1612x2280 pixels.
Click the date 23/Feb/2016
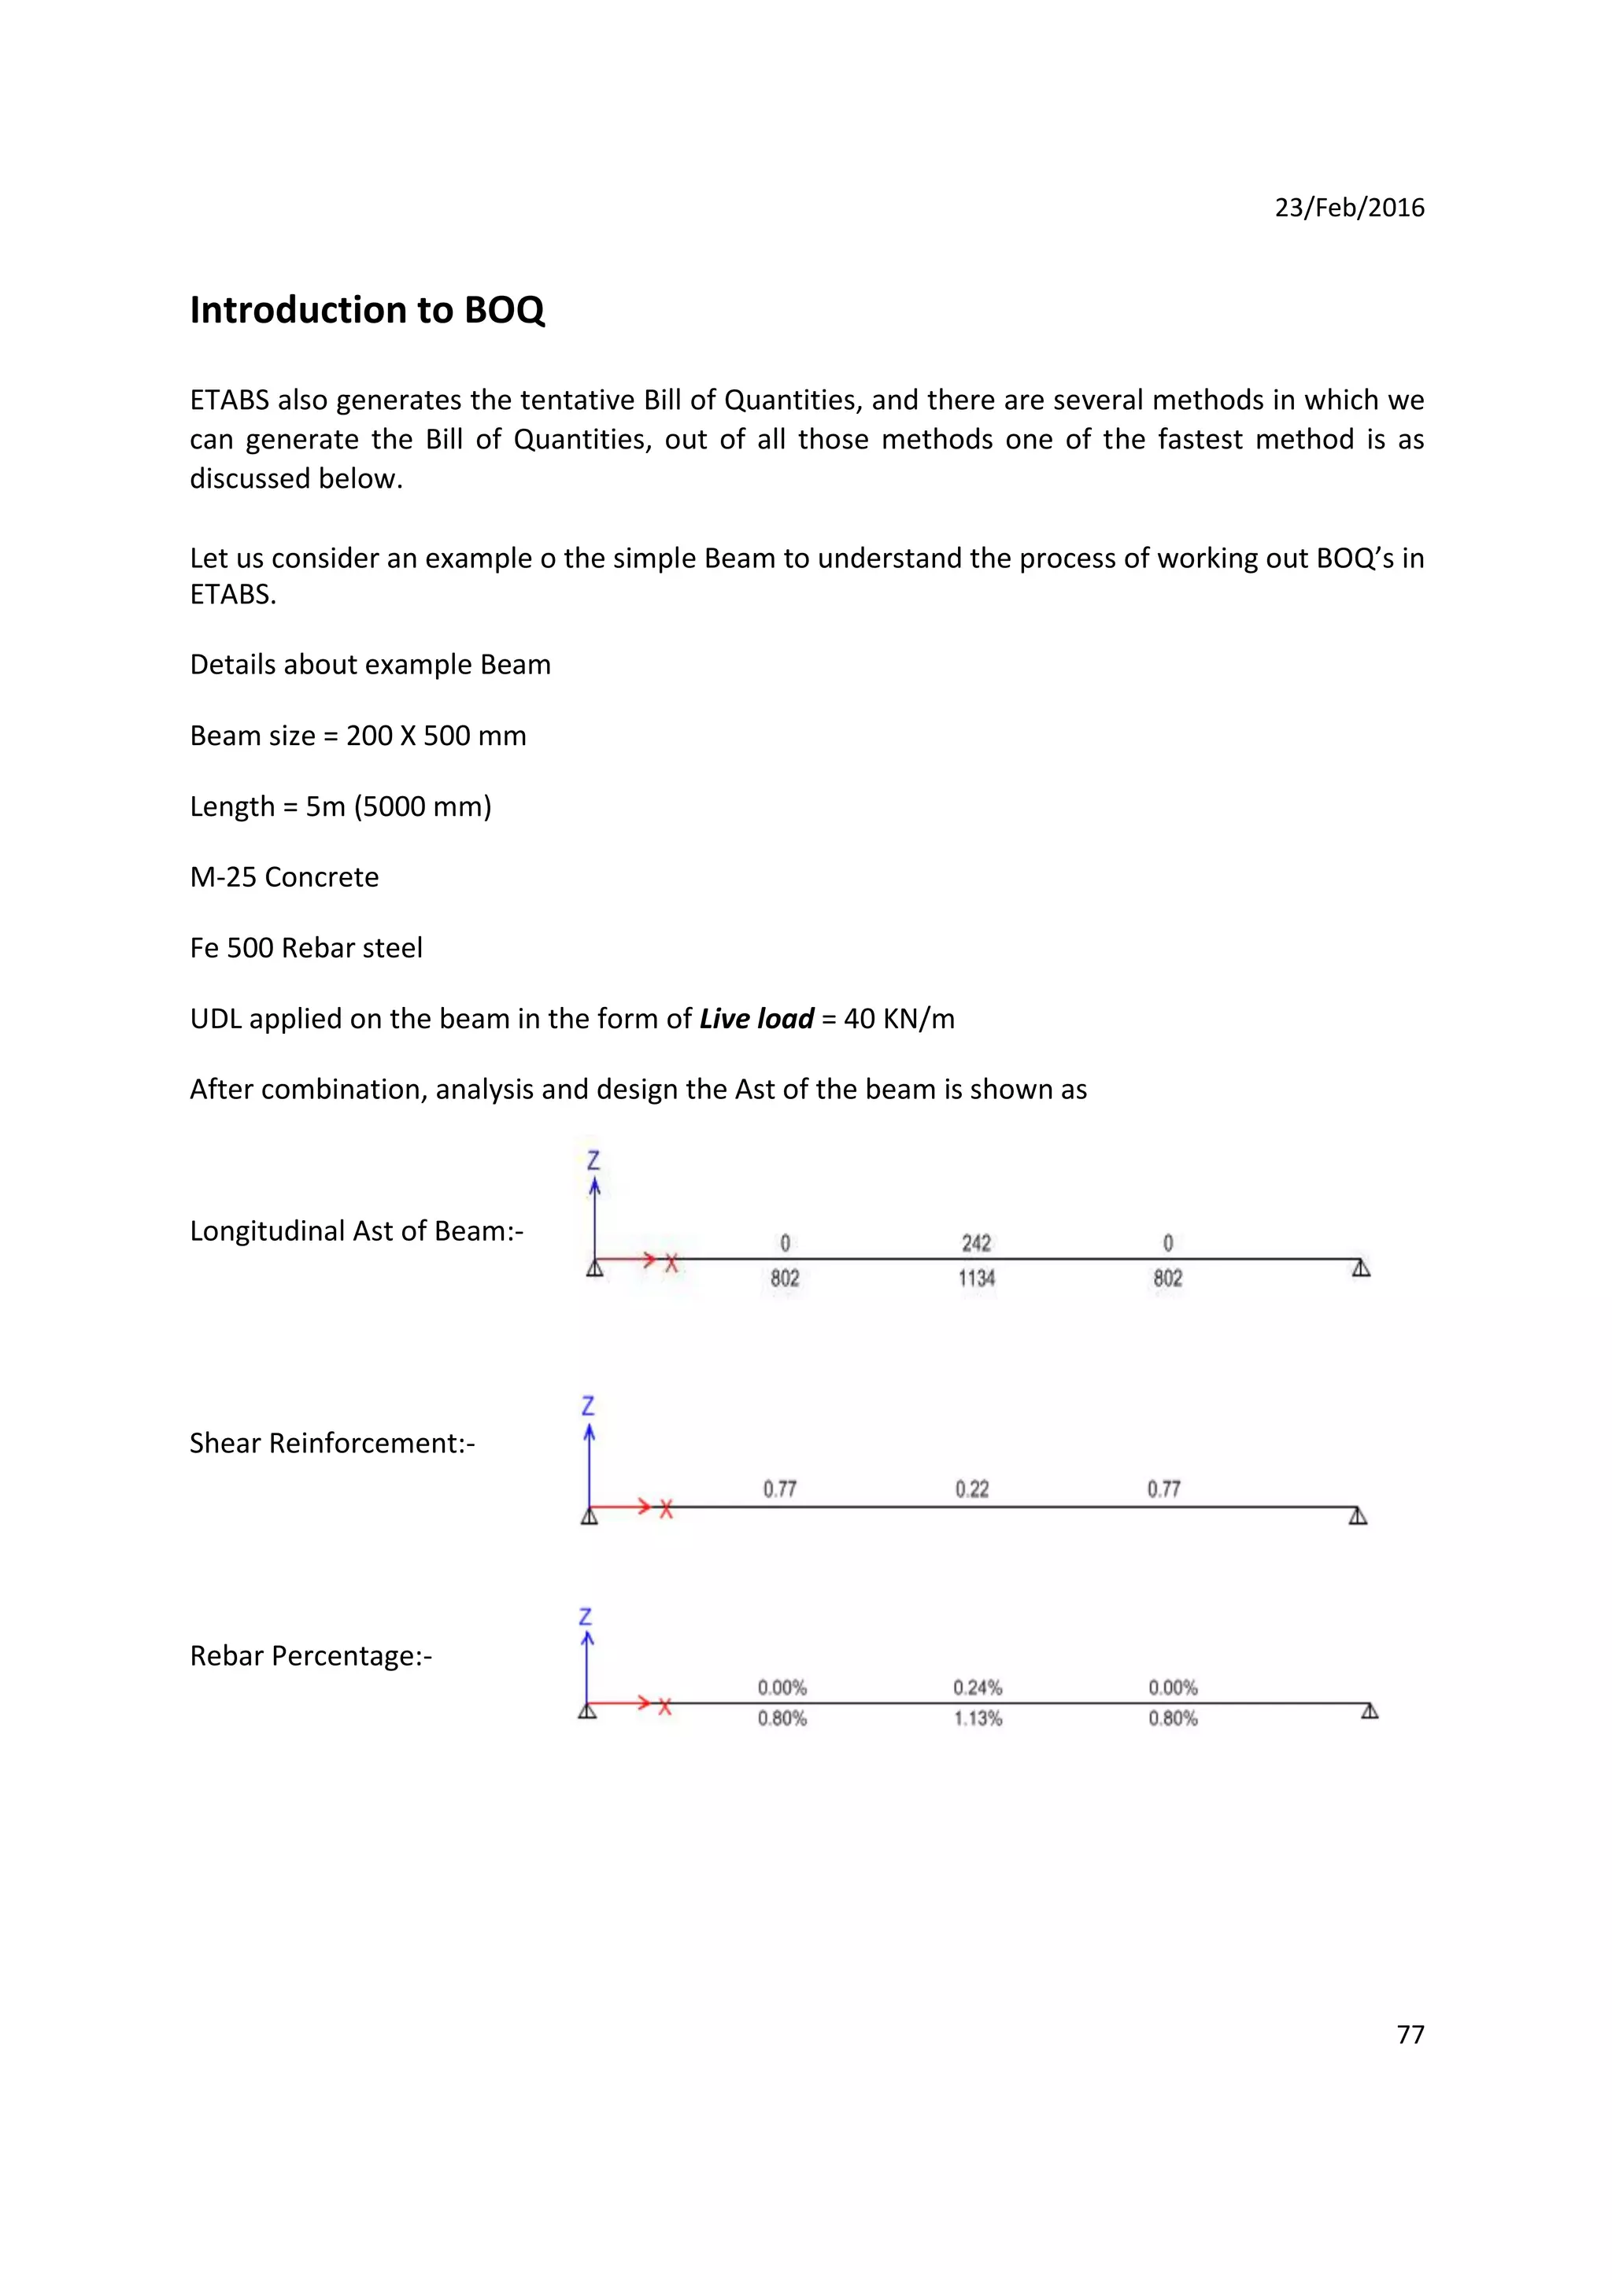pos(1349,208)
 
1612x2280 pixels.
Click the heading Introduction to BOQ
pos(367,310)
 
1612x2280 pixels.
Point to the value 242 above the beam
pos(975,1243)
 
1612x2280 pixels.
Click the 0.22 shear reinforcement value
pos(971,1489)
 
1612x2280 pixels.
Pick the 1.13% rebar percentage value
pos(978,1718)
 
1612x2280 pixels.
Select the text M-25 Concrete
pos(284,877)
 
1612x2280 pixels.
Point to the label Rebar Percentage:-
pos(311,1655)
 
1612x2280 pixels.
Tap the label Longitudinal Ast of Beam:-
pos(356,1231)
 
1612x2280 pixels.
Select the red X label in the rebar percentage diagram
pos(664,1707)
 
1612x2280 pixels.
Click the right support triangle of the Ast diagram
pos(1361,1268)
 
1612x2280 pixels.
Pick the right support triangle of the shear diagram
pos(1358,1515)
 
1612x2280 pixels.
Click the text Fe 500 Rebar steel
pos(306,948)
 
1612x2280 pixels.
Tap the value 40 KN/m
pos(899,1019)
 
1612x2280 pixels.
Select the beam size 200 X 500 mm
pos(436,736)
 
